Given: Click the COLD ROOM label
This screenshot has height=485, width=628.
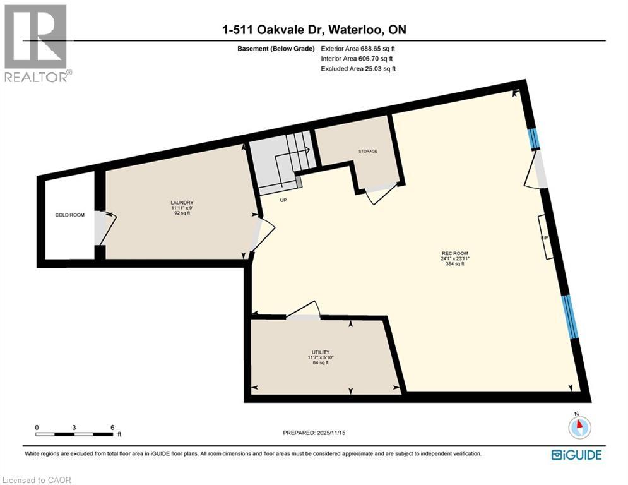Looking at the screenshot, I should [69, 215].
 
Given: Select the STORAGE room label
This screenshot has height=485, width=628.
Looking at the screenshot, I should [368, 152].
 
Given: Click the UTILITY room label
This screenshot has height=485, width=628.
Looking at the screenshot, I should [321, 352].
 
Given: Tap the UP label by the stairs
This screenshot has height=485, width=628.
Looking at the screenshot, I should [284, 200].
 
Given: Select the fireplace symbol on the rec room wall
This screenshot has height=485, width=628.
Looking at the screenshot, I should [545, 237].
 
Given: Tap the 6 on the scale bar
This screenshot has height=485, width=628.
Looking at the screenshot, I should [112, 428].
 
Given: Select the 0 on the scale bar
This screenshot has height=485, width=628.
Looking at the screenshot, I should [37, 428].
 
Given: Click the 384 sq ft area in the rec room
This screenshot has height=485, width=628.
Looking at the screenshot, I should [453, 265].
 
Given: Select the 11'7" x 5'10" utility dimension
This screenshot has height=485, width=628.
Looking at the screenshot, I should [321, 358].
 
